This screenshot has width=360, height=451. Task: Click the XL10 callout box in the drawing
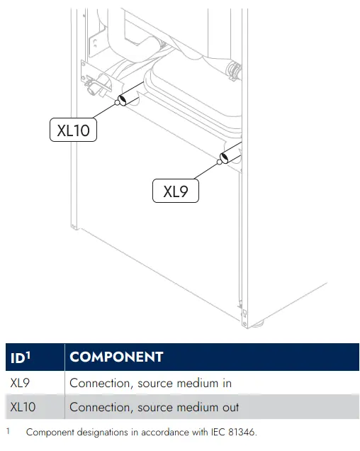click(73, 130)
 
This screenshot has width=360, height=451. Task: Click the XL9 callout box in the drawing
click(176, 191)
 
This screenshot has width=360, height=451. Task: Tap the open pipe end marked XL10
click(123, 100)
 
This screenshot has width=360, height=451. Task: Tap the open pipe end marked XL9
click(224, 157)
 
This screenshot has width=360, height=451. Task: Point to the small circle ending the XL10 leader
click(117, 102)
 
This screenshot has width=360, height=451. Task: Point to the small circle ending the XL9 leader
click(219, 162)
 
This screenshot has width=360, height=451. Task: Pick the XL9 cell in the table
click(35, 383)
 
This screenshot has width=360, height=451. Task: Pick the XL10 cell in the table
click(35, 407)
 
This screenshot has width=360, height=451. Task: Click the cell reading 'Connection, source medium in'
click(212, 383)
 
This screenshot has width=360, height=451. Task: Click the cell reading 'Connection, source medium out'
click(212, 407)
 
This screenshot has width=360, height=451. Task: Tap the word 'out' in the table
click(230, 407)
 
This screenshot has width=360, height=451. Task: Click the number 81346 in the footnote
click(241, 432)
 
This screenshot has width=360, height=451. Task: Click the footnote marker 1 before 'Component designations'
click(8, 431)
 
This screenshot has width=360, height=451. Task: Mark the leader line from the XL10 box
click(103, 111)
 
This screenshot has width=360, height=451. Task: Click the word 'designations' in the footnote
click(103, 433)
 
